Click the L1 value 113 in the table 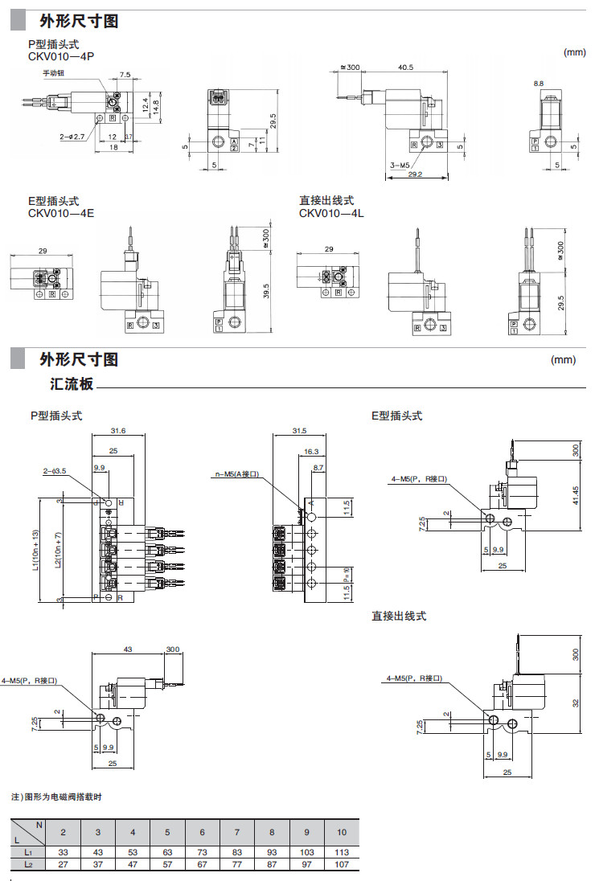342,851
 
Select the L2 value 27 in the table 64,864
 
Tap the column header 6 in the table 203,832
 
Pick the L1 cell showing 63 167,851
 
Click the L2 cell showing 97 306,864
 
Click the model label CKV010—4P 61,55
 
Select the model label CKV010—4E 61,213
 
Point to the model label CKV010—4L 332,213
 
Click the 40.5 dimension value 405,68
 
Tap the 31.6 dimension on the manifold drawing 118,432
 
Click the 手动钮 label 54,73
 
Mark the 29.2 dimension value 414,174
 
